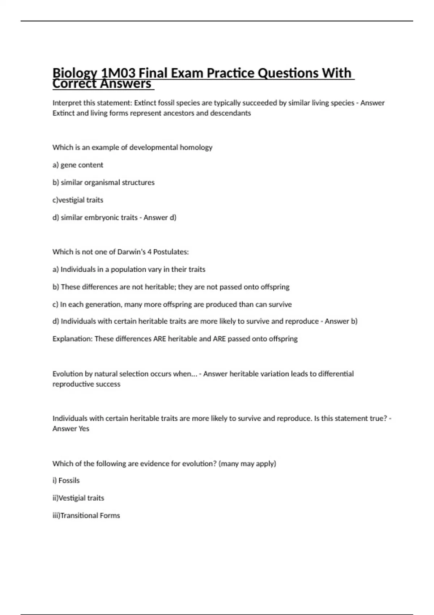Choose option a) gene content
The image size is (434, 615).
(78, 165)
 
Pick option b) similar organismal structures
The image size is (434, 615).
(103, 183)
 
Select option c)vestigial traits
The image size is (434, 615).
(78, 200)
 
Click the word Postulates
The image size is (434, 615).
(171, 252)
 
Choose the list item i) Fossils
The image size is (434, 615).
(66, 481)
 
